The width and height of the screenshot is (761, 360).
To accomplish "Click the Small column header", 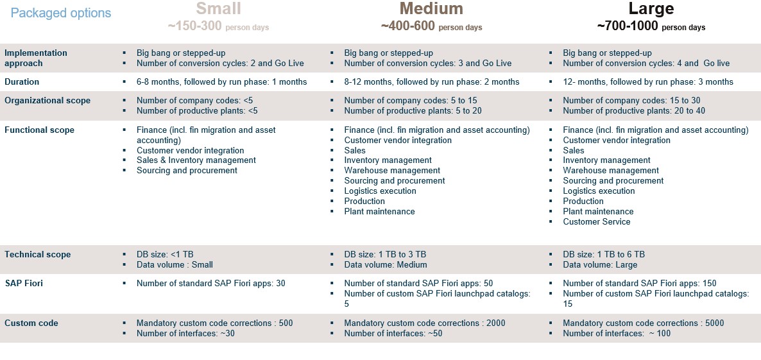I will click(x=219, y=9).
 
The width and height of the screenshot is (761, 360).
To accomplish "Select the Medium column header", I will click(x=431, y=9).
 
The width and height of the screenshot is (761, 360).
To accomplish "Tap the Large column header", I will click(x=651, y=9).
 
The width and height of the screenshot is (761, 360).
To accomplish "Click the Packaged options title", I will click(x=61, y=13).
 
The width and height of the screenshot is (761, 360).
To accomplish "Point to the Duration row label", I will click(x=22, y=82).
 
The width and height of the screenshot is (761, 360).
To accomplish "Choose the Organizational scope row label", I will click(x=47, y=101).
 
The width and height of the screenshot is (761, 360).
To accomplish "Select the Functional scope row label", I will click(x=39, y=130).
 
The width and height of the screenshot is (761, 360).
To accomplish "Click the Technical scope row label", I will click(x=37, y=255).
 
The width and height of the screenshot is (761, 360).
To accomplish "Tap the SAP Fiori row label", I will click(x=24, y=283).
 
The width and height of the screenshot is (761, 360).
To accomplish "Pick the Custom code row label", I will click(x=31, y=323).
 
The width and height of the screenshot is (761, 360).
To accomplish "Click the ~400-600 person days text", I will click(x=431, y=27).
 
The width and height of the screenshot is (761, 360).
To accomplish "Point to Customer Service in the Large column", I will click(x=596, y=222).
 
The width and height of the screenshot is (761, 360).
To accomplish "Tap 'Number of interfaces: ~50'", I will click(x=393, y=334).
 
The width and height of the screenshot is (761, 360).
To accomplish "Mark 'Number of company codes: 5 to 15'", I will click(x=411, y=101).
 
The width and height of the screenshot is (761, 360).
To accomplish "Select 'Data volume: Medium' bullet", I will click(x=385, y=265).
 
